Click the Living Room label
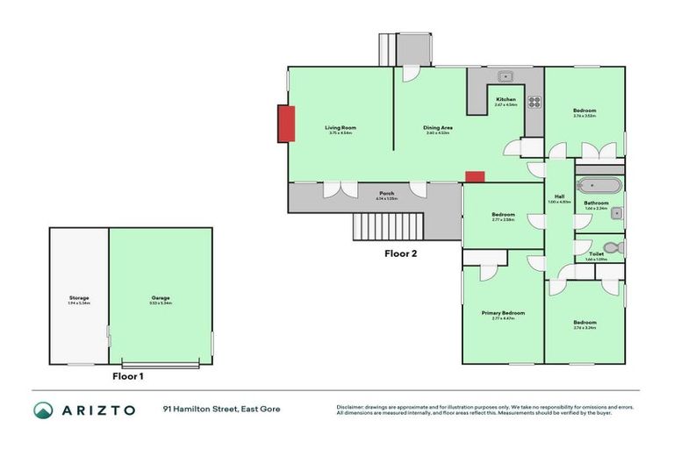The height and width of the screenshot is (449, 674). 341,128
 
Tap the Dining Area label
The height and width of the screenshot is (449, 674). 437,128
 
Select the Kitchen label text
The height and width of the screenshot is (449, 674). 506,99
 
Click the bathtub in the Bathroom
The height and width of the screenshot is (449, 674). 600,187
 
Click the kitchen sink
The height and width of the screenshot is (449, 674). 506,76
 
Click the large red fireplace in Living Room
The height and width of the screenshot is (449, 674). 285,123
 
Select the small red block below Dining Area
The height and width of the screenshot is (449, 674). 475,176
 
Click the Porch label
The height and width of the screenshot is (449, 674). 386,193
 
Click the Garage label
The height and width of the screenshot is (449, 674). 161,298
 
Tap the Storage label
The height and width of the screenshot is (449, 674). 79,298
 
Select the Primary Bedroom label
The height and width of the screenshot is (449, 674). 503,313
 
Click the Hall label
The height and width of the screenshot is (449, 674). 559,196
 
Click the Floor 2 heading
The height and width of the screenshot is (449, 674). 401,254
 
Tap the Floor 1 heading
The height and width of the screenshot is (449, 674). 128,376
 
